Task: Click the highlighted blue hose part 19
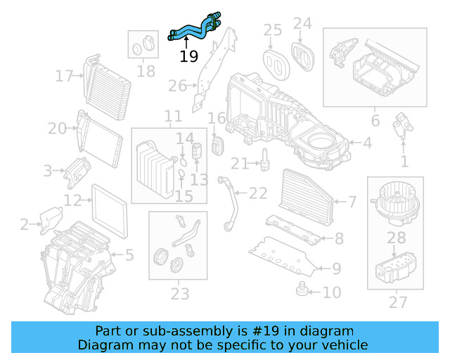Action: (194, 28)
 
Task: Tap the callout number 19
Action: (188, 56)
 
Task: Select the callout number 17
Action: (65, 75)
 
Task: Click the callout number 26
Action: (176, 86)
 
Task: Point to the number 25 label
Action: (272, 30)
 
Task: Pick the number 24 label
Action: (302, 24)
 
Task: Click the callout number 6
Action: (375, 120)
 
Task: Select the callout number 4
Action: (366, 143)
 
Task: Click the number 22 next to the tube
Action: (259, 193)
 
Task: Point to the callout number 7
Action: (352, 202)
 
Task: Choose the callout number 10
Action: (332, 292)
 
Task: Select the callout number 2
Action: (25, 225)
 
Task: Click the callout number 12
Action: (73, 201)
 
